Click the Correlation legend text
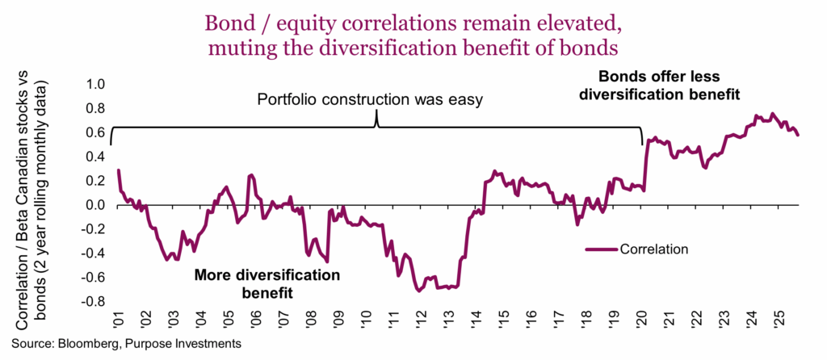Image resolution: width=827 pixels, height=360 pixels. pyautogui.click(x=654, y=249)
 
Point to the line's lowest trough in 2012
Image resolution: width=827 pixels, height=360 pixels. pyautogui.click(x=418, y=291)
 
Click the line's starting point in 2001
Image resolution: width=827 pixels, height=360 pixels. pyautogui.click(x=119, y=170)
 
